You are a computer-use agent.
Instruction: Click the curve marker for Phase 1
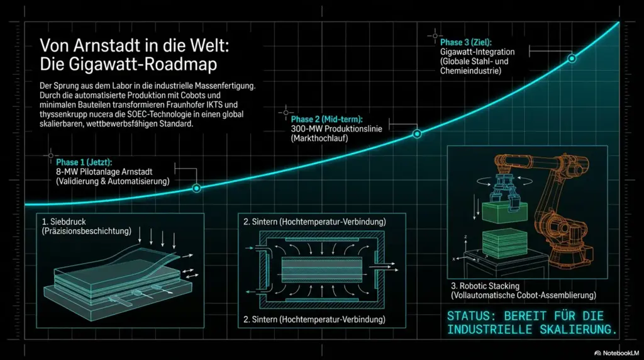coord(196,188)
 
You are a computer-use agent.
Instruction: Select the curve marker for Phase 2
coord(416,134)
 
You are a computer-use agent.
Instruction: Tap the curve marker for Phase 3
coord(572,59)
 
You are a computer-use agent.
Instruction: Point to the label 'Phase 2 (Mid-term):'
coord(326,120)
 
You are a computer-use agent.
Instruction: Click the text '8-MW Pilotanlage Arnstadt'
coord(104,172)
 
